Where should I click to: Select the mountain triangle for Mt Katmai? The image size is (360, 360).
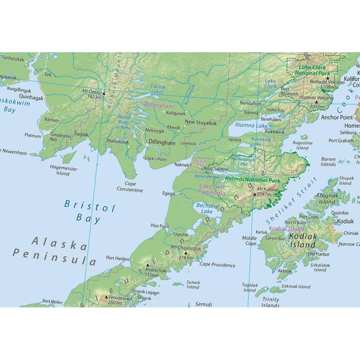(255, 194)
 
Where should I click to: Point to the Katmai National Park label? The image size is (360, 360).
(252, 180)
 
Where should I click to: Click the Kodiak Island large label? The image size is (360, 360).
(303, 240)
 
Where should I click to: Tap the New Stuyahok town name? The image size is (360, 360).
(201, 122)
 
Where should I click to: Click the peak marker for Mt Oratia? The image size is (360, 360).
(104, 94)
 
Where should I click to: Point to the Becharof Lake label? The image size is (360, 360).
(207, 208)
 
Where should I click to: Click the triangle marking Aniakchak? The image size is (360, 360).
(148, 265)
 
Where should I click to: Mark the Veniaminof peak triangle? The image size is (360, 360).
(107, 297)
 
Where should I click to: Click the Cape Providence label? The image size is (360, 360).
(217, 265)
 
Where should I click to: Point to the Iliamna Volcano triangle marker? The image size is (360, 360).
(316, 102)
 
